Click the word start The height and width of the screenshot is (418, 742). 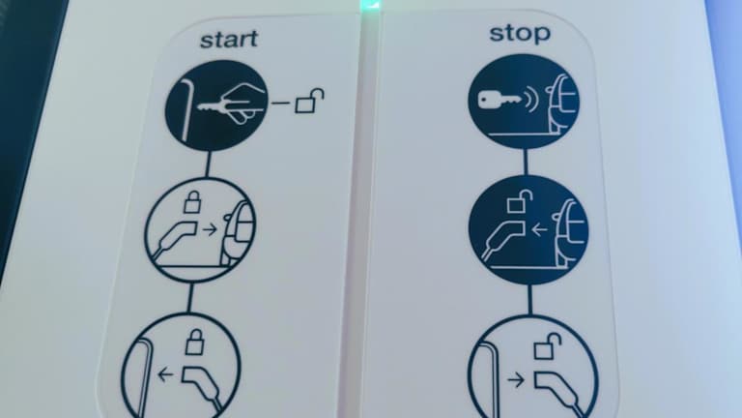coord(229,40)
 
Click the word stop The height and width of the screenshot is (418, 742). coord(520,34)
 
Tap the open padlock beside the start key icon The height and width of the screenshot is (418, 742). coord(310,101)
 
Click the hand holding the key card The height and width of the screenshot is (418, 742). coord(241,102)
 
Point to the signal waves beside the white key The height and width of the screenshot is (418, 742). coord(532,101)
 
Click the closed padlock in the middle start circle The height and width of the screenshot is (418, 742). coord(191,202)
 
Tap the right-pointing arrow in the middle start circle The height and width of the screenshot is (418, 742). coord(209,230)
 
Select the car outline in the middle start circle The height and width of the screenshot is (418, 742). coord(239,232)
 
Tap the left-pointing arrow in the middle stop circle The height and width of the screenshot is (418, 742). coord(539,230)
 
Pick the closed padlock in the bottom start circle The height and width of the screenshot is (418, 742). coord(194,343)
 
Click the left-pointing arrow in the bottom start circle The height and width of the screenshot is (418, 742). coord(165,374)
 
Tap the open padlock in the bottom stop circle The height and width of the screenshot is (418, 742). coord(548,346)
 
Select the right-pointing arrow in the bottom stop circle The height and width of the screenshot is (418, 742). coord(516,379)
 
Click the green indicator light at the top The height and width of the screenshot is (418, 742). coord(370,5)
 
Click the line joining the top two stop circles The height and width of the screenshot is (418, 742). coord(526,163)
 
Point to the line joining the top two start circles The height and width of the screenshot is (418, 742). coord(208,164)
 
